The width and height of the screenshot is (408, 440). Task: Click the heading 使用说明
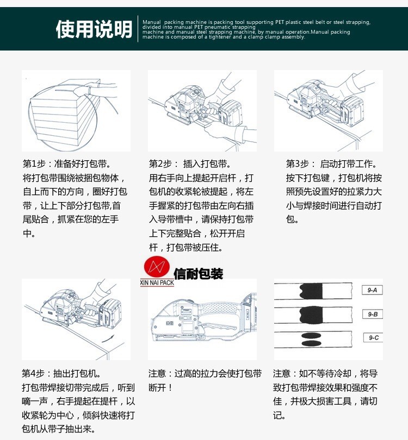pos(94,29)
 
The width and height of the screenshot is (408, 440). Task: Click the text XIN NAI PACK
pos(157,282)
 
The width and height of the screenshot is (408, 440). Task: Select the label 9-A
pos(372,290)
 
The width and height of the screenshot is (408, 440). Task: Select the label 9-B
pos(373,314)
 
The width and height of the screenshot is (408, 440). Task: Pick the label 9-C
pos(373,337)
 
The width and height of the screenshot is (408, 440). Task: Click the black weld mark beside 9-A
pos(311,291)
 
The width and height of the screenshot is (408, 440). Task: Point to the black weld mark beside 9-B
pos(311,315)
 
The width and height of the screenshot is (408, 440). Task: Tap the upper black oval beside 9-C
pos(311,335)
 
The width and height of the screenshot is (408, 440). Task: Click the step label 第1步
pos(34,164)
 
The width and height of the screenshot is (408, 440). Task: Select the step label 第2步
pos(160,164)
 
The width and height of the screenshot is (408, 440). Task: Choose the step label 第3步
pos(297,164)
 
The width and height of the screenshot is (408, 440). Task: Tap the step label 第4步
pos(33,374)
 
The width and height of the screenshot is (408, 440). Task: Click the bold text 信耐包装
pos(199,274)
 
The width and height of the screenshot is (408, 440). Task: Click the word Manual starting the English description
pos(151,22)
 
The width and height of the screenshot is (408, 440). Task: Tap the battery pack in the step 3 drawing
pos(353,110)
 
